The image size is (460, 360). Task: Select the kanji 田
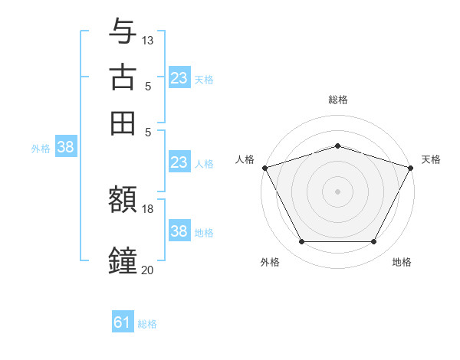(123, 123)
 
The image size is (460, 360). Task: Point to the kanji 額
(123, 200)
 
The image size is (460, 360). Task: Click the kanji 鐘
(123, 260)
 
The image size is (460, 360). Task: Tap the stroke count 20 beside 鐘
(148, 270)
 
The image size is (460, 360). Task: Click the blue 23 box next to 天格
(179, 77)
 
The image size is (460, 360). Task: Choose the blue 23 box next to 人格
(179, 162)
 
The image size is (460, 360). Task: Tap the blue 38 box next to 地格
(179, 231)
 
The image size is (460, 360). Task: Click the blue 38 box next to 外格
(65, 148)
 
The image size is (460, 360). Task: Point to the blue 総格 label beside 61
(147, 324)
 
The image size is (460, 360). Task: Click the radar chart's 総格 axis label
(338, 100)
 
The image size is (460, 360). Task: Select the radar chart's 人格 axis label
(245, 159)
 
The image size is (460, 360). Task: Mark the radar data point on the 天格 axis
(412, 168)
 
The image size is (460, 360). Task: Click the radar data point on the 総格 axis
(338, 146)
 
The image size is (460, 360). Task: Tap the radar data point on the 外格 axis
(301, 242)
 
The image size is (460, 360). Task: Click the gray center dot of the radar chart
(338, 191)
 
